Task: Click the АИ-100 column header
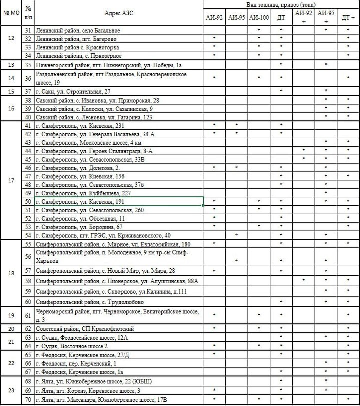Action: click(259, 18)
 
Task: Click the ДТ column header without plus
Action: click(281, 18)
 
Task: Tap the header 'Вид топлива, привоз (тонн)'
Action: click(281, 4)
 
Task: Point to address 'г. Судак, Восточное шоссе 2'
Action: click(72, 346)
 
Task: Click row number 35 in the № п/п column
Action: click(29, 65)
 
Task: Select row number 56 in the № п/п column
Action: click(29, 257)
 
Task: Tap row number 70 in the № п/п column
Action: click(29, 400)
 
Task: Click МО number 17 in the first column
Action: click(11, 180)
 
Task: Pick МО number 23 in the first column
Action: click(11, 391)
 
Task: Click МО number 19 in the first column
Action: click(11, 315)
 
